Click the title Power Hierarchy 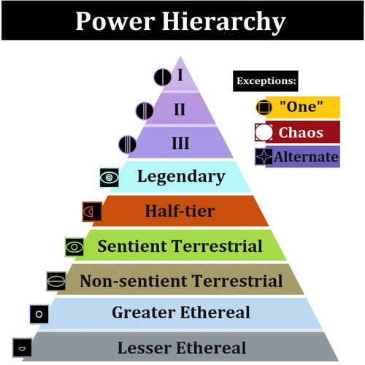pos(180,22)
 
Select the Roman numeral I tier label pos(180,74)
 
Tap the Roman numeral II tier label pos(180,109)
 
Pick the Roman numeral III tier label pos(180,142)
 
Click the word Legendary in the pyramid pos(181,176)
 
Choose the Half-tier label pos(180,211)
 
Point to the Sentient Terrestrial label pos(180,246)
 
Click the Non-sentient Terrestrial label pos(181,280)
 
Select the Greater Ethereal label pos(181,313)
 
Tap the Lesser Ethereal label pos(182,347)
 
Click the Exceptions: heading pos(266,80)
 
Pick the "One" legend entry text pos(301,107)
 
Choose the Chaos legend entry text pos(301,132)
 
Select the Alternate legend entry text pos(306,156)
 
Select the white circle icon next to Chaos pos(263,132)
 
